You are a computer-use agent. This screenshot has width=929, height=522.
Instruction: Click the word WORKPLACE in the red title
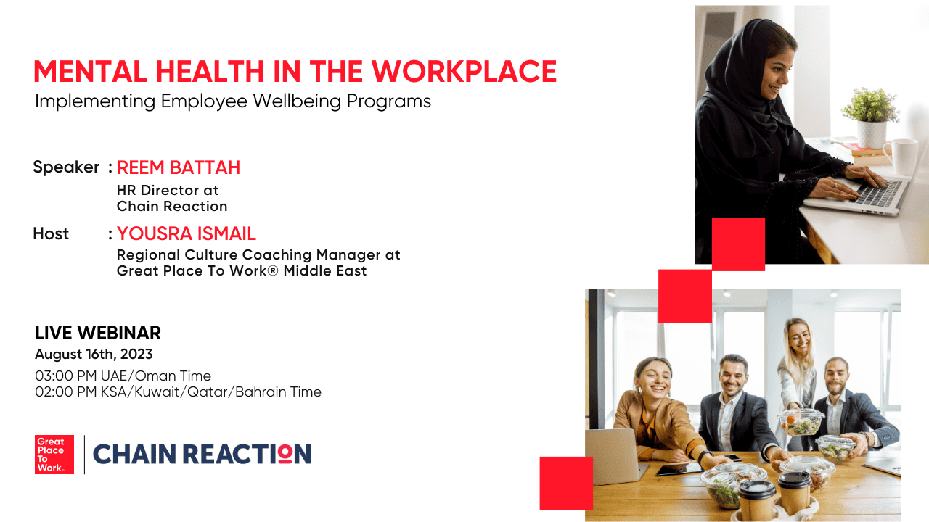click(x=464, y=71)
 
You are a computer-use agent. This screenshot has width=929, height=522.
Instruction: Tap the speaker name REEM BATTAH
click(x=179, y=167)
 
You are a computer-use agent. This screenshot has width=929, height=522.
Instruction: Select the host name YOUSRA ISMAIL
click(x=187, y=233)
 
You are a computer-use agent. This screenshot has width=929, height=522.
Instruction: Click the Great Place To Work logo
click(x=54, y=455)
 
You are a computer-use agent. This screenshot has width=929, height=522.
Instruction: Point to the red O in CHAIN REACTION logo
click(x=285, y=454)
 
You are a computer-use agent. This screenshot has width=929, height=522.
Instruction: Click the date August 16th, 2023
click(x=94, y=355)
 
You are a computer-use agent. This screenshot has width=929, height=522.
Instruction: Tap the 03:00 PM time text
click(x=123, y=376)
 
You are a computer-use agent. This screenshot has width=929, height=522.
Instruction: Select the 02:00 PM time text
click(x=179, y=392)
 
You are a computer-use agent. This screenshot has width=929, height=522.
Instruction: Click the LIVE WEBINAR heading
click(x=98, y=333)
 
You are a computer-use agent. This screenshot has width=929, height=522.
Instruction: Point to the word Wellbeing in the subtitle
click(x=297, y=101)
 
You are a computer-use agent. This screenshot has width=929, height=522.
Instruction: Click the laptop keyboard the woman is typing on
click(x=878, y=193)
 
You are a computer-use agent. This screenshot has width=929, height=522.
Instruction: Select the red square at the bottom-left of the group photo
click(x=566, y=483)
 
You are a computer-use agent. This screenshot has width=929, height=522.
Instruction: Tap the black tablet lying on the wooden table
click(x=680, y=468)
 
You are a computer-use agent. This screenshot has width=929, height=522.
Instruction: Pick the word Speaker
click(x=66, y=167)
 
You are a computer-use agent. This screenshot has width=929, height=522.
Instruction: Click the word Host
click(x=51, y=233)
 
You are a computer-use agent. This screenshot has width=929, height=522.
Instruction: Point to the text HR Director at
click(x=168, y=190)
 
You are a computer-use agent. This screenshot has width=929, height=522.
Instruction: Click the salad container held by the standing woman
click(x=801, y=422)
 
